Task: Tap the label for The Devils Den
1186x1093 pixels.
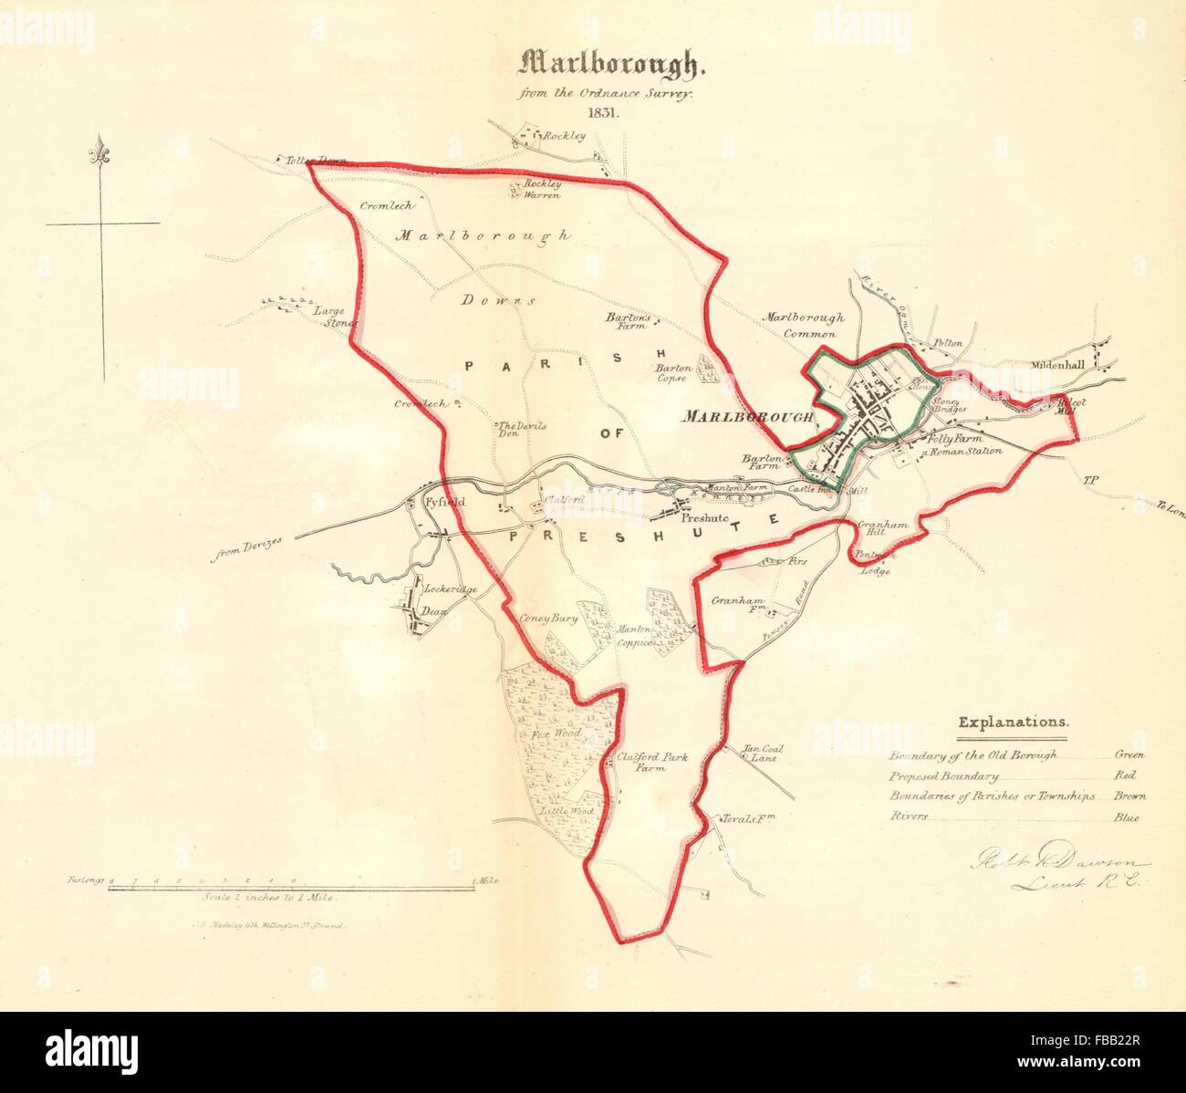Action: click(x=519, y=430)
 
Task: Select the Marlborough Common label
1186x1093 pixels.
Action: click(x=804, y=326)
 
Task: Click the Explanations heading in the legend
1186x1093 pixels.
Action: click(x=1014, y=722)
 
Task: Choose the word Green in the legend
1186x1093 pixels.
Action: click(x=1129, y=755)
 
